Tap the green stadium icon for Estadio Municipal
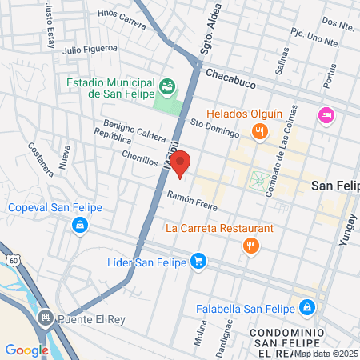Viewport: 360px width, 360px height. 168,85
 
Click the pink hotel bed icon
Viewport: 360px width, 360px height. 326,115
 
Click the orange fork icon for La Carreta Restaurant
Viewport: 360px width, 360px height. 251,247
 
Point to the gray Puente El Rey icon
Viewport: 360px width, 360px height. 46,318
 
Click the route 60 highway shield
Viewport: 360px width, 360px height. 14,260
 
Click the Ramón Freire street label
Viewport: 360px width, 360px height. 193,200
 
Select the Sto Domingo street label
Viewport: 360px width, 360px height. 210,123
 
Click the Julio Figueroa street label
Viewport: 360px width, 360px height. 90,50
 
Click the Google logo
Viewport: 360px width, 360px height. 26,350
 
